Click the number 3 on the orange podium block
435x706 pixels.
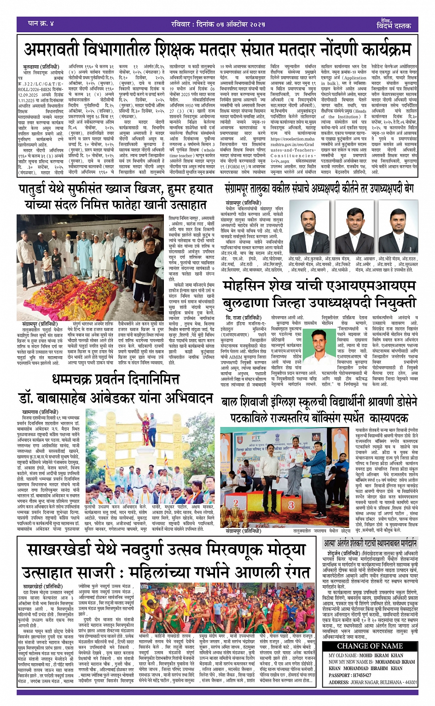pos(291,505)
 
